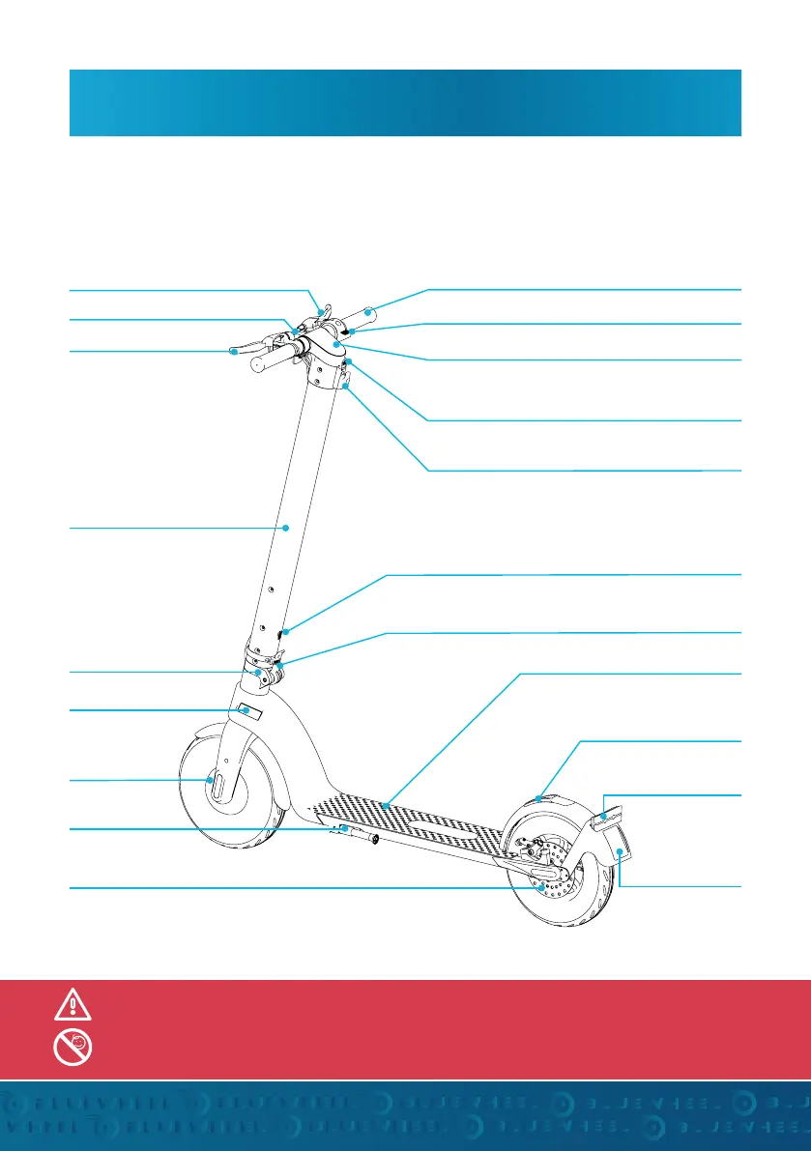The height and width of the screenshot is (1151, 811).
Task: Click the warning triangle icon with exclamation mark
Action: coord(73,1006)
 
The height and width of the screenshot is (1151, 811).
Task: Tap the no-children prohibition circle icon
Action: coord(73,1045)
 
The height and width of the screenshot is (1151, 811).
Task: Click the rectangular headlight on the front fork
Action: coord(246,711)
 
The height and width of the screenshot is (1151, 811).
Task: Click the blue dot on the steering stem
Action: coord(288,528)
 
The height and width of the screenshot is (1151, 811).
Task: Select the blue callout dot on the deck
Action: coord(385,804)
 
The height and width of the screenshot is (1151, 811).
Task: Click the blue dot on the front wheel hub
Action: coord(210,781)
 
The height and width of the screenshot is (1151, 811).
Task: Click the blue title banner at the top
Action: coord(405,101)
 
